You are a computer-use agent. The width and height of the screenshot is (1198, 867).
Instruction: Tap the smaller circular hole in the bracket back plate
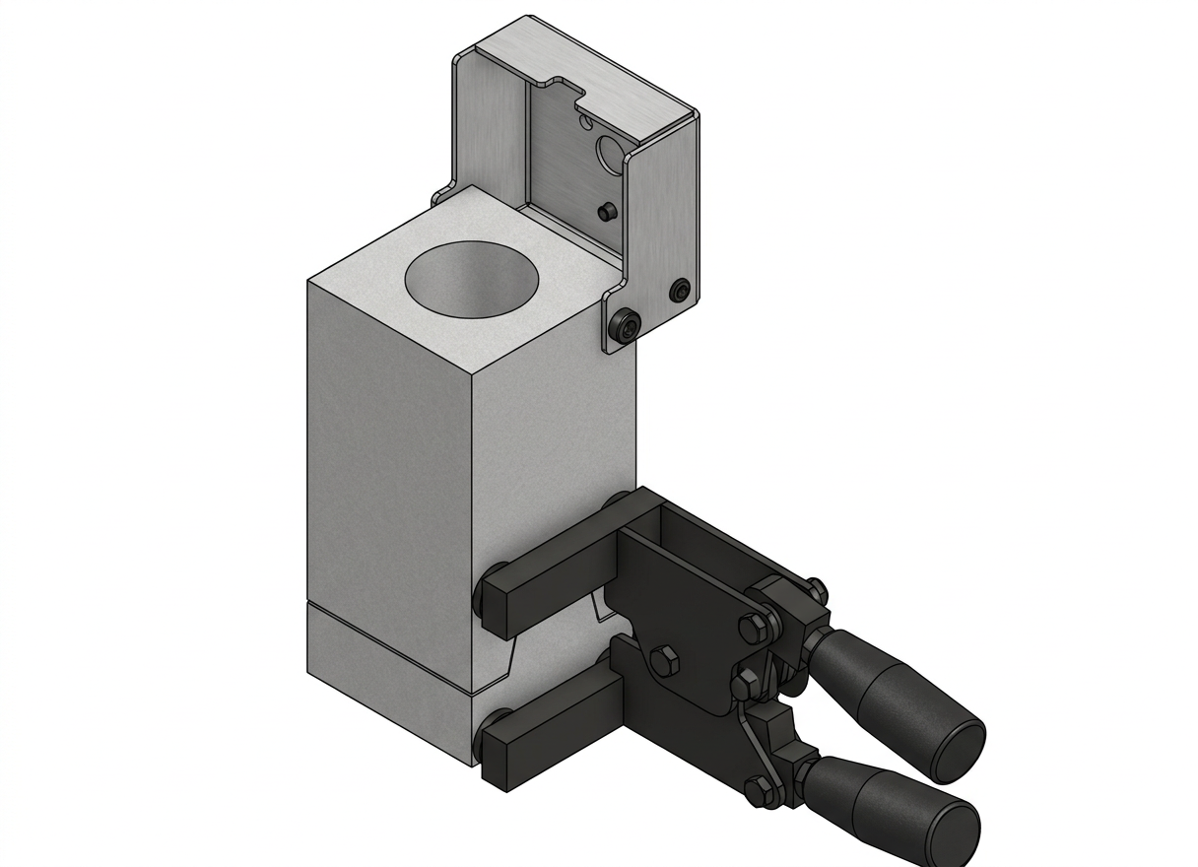(x=587, y=122)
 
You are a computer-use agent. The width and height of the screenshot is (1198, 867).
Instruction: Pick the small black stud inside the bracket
(x=606, y=211)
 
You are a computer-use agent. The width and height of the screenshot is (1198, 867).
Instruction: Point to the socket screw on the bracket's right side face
(x=680, y=291)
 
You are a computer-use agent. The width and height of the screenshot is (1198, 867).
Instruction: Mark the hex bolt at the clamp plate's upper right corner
(x=749, y=626)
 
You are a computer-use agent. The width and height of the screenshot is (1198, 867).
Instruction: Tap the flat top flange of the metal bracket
(x=591, y=69)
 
